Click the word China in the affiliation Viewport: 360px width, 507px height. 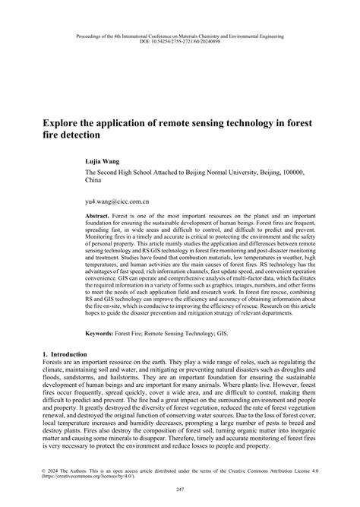coord(93,182)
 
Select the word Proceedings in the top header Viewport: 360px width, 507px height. coord(97,35)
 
